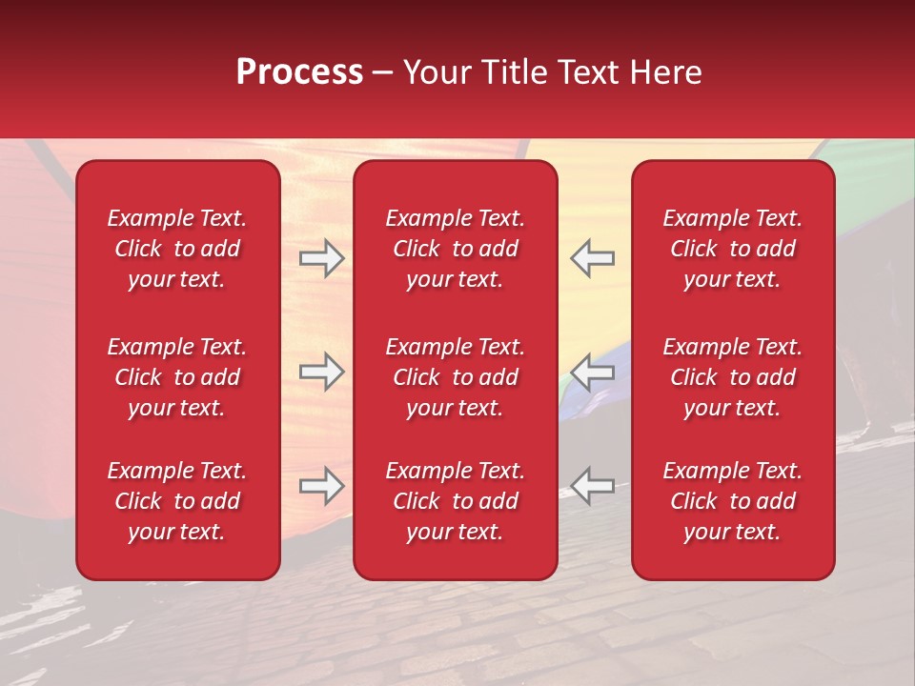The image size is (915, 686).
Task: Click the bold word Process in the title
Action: click(299, 72)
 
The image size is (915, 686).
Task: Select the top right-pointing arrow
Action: click(322, 258)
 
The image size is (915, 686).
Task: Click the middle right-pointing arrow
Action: click(322, 372)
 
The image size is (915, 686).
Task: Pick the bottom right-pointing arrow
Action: click(322, 485)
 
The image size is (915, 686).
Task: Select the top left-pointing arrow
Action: click(593, 258)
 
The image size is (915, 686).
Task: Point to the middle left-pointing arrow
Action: click(593, 372)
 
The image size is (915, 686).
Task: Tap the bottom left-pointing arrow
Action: click(593, 485)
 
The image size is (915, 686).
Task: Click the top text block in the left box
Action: click(177, 249)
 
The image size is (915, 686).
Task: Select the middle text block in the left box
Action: click(177, 377)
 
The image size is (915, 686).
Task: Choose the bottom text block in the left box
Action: click(177, 501)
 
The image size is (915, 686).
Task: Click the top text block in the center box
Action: click(456, 249)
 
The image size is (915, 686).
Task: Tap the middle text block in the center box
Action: click(456, 377)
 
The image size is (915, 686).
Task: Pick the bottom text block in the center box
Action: click(456, 501)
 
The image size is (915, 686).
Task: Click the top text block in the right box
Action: click(733, 249)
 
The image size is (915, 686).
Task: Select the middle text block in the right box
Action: click(733, 377)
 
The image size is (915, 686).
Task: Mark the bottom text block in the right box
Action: click(733, 501)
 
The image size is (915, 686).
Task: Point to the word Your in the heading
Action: click(436, 72)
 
